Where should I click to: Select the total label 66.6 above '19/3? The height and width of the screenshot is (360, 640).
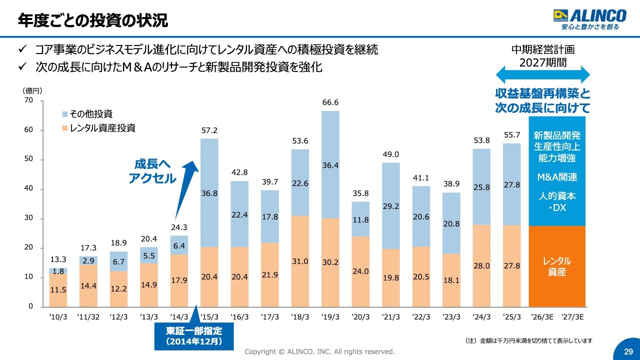point(330,102)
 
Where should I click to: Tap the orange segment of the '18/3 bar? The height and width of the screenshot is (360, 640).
point(300,261)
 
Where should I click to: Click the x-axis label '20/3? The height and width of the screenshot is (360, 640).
point(360,317)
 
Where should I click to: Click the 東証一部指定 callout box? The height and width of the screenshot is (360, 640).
point(193,335)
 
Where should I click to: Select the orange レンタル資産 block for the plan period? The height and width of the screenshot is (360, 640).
point(557,266)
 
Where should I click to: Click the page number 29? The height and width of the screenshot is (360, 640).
point(628,351)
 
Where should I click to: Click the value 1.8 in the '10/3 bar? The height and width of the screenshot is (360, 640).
point(58,271)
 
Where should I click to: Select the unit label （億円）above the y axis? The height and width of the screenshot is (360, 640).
point(32,90)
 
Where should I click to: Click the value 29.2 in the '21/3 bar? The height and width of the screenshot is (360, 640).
point(391,205)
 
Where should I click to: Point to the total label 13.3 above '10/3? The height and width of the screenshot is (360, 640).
point(58,259)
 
